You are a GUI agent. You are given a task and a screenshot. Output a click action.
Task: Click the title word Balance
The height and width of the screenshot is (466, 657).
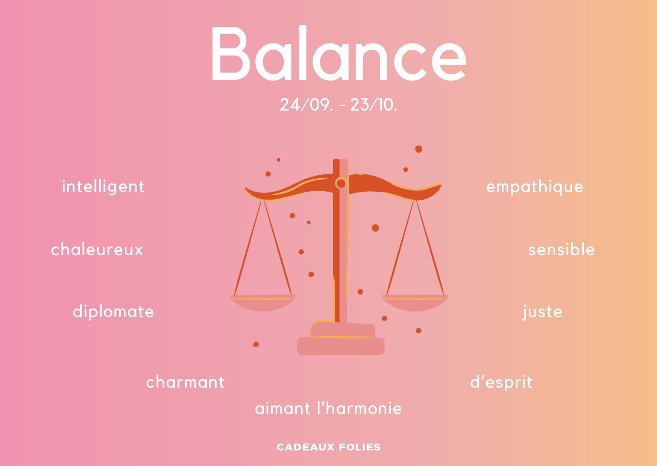338,53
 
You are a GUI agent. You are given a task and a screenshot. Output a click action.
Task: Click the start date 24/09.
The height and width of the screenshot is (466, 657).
306,104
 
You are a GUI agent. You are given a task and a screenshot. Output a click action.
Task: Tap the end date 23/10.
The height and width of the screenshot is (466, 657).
373,104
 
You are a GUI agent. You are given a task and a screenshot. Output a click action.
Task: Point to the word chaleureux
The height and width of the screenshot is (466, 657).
97,249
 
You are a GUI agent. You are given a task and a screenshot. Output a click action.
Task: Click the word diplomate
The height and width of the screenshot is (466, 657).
113,312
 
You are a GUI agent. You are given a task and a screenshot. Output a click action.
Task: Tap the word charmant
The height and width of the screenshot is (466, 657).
185,382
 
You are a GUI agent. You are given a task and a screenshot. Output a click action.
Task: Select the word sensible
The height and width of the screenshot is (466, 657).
561,249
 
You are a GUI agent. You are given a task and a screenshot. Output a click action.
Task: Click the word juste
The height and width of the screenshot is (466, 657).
542,312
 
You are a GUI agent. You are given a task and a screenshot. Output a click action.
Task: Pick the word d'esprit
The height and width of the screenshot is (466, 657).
501,383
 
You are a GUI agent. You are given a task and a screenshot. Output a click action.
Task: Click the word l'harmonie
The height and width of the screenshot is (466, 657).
360,408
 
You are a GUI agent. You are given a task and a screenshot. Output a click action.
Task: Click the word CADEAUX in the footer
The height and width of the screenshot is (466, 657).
306,447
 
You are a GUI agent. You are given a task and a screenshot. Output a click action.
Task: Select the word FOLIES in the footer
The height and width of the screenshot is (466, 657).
360,447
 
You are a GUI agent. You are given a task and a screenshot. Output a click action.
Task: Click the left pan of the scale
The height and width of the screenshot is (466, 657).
263,303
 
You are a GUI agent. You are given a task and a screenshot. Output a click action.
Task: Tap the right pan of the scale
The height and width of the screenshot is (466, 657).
415,303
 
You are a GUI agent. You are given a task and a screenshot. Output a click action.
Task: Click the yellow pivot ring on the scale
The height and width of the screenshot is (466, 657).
341,183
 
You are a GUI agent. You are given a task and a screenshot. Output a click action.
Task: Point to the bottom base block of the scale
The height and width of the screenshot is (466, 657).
341,346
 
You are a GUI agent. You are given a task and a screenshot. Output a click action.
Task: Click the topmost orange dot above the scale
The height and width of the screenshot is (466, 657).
419,149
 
